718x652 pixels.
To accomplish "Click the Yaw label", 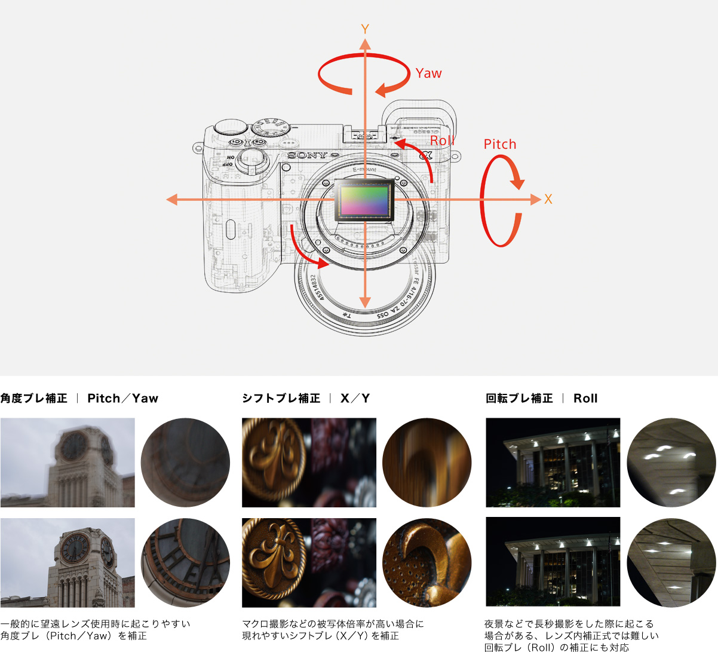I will coord(428,74).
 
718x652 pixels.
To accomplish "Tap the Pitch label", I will coord(499,144).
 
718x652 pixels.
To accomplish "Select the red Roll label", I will coord(442,140).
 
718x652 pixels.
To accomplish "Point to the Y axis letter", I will coord(365,29).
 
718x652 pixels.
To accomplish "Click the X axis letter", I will coord(548,200).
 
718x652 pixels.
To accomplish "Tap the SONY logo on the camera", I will coord(308,155).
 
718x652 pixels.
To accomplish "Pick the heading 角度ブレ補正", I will coord(34,399).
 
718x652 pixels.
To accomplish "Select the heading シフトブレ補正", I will coord(281,399).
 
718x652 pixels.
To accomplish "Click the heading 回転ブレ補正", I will coord(519,399).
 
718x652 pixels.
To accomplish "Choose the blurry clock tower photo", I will coord(67,463).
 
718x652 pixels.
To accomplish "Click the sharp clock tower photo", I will coord(67,562).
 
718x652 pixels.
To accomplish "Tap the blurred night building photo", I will coord(553,463).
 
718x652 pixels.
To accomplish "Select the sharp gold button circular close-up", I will coord(426,562).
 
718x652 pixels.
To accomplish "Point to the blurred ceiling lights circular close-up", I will coord(671,463).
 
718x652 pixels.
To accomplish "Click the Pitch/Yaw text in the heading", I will coord(122,399).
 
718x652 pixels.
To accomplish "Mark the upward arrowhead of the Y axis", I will coord(365,43).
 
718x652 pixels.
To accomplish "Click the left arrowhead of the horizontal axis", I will coord(172,200).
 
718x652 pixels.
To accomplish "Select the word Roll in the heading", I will coord(585,399).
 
